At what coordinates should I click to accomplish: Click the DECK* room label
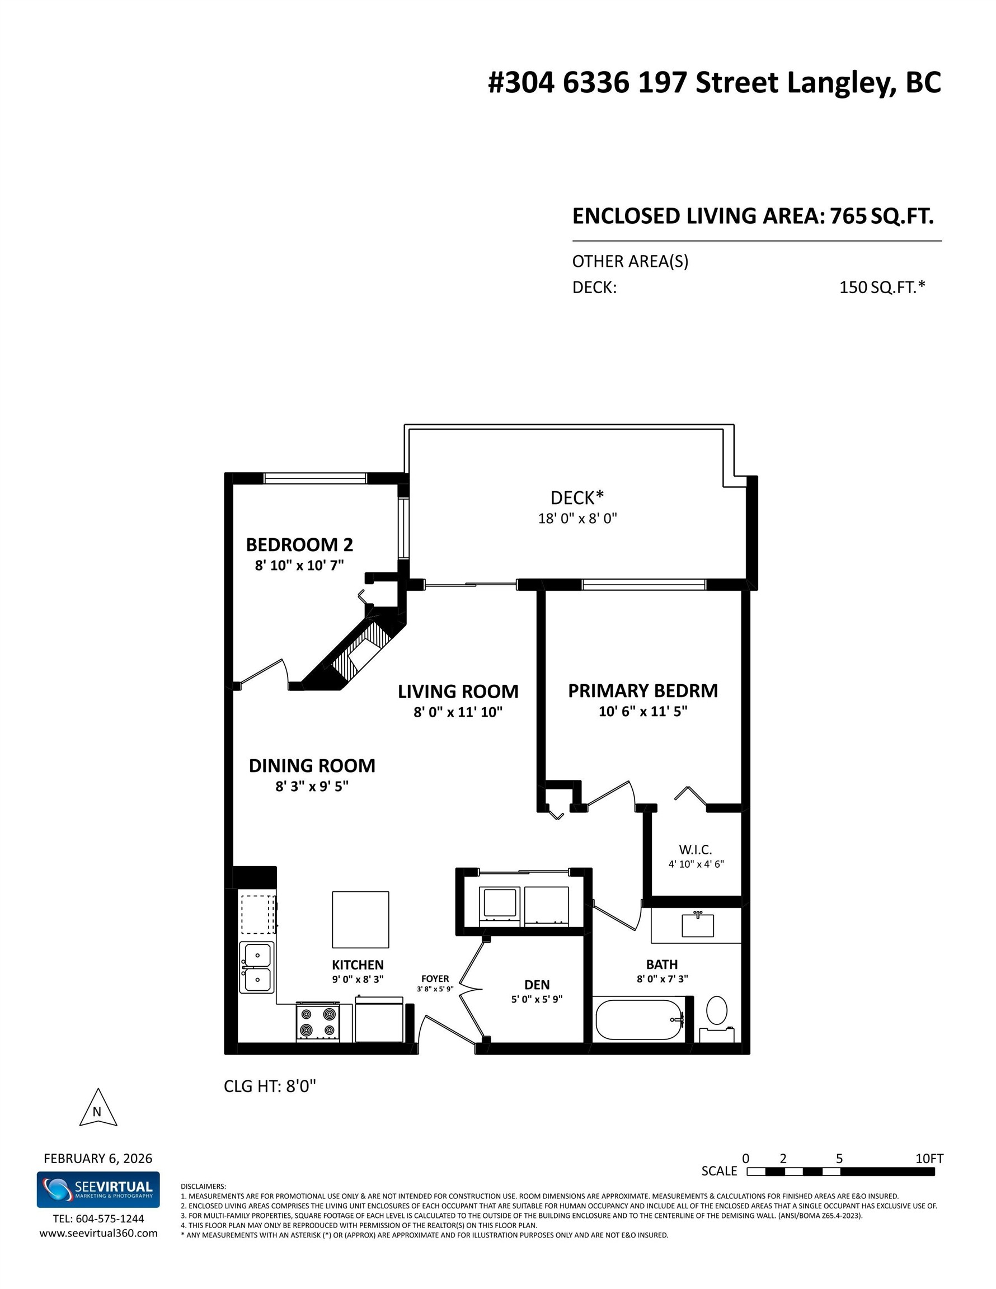577,497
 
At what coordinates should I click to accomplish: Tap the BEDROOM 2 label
299,544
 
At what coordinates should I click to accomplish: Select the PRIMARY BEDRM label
642,690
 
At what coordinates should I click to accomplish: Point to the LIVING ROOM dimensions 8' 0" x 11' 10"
458,712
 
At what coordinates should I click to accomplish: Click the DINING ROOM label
312,765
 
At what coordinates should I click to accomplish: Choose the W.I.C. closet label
695,850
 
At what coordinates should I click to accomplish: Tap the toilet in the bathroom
717,1010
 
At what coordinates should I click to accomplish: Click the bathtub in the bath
640,1019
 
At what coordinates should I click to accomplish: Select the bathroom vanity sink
697,925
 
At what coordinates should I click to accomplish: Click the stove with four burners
318,1022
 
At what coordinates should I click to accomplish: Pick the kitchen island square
360,920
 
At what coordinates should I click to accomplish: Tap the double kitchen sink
257,967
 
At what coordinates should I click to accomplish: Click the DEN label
537,985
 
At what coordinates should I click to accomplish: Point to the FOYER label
435,978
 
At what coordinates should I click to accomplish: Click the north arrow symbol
98,1109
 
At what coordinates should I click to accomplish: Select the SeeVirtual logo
98,1189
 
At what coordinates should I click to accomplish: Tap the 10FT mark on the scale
929,1159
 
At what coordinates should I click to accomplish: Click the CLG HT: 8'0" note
270,1086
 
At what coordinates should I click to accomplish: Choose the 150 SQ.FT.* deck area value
881,288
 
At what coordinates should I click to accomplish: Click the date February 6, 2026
98,1158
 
